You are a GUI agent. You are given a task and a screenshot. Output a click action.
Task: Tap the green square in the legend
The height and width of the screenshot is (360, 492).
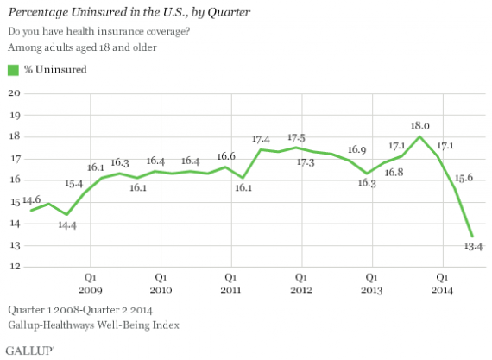point(12,69)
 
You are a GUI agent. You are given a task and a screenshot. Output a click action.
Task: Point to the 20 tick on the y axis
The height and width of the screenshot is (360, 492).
point(14,92)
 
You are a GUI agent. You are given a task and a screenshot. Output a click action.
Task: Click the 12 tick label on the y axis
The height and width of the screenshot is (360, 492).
point(14,266)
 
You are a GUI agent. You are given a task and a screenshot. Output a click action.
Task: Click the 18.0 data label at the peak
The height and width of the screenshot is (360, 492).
point(419,124)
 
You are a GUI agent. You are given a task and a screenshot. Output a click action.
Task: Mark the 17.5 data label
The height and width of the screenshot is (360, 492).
point(298,137)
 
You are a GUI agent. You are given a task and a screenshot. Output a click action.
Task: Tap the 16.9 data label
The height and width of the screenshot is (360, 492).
point(357,149)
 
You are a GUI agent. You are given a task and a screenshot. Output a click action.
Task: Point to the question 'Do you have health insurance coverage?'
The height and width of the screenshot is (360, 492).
point(98,31)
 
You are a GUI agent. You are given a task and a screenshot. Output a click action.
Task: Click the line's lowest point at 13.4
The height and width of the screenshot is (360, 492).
point(470,236)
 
